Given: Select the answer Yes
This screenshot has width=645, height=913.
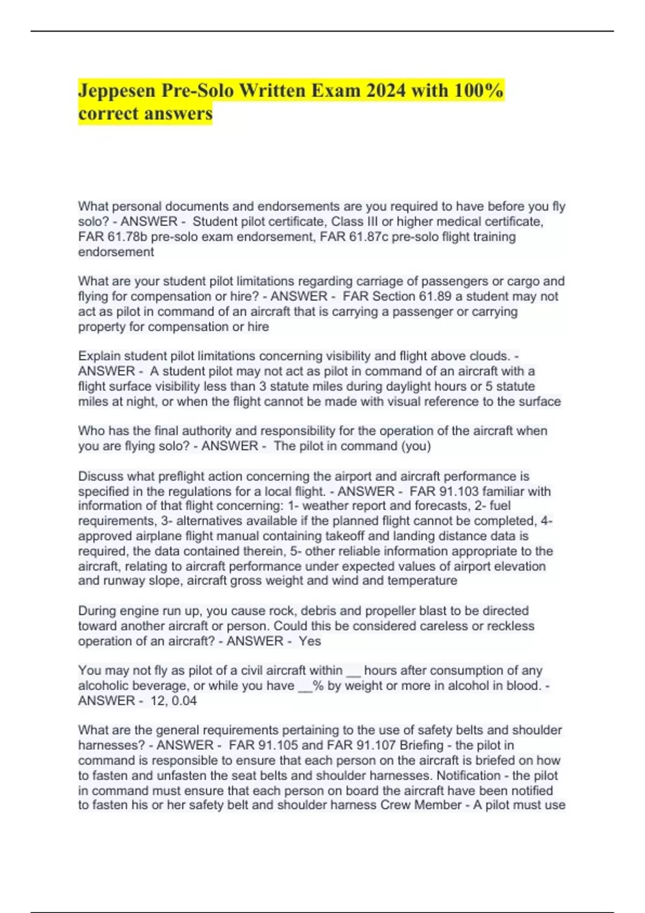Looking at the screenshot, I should pos(310,641).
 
